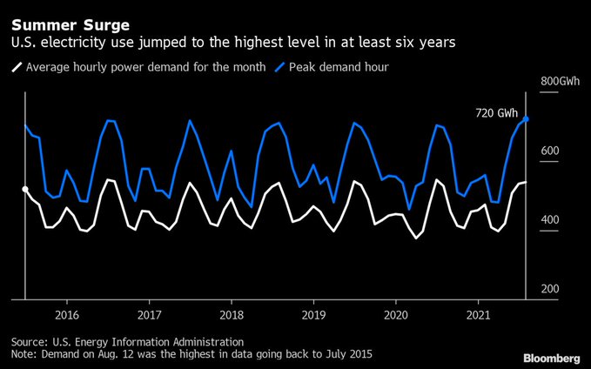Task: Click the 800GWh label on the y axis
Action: [x=560, y=82]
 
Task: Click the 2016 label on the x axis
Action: [x=67, y=313]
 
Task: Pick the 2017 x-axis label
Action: [x=150, y=313]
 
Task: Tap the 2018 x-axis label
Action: [x=232, y=313]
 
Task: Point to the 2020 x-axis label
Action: [x=396, y=313]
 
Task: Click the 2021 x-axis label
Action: [x=478, y=313]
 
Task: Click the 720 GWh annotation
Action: [x=496, y=113]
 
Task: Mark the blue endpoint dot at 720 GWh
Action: [x=527, y=119]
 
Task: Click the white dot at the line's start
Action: [x=24, y=189]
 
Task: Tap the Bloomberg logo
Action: [x=552, y=358]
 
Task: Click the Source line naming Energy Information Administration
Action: [x=127, y=342]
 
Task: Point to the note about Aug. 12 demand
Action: [x=191, y=355]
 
